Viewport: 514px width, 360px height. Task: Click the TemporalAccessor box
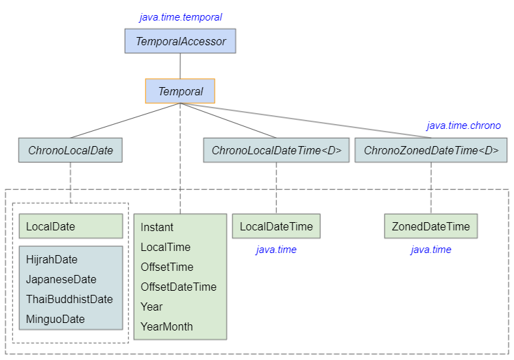click(180, 41)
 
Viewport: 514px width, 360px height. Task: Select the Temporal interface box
click(180, 91)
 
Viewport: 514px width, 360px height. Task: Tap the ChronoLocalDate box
click(71, 150)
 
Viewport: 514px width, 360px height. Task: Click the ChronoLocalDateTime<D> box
click(276, 150)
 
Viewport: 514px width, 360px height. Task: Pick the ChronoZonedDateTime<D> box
click(431, 150)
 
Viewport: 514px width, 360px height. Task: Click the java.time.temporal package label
click(180, 17)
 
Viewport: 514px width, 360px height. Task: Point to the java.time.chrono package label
click(463, 125)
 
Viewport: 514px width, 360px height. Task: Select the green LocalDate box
click(71, 226)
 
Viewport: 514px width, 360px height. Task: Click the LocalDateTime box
click(276, 226)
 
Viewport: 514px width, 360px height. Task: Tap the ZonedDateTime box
click(431, 226)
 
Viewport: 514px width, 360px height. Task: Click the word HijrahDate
click(52, 260)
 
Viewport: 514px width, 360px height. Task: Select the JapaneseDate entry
click(61, 280)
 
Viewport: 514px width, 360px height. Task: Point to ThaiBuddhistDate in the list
click(69, 300)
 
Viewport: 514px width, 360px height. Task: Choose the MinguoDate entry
click(56, 320)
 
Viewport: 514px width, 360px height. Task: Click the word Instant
click(157, 227)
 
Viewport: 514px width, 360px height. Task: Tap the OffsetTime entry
click(167, 267)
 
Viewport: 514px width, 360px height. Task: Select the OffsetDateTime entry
click(178, 287)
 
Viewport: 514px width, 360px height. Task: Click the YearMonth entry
click(167, 326)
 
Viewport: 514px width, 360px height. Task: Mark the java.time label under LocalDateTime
click(276, 250)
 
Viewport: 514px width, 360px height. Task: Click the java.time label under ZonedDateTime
click(431, 250)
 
